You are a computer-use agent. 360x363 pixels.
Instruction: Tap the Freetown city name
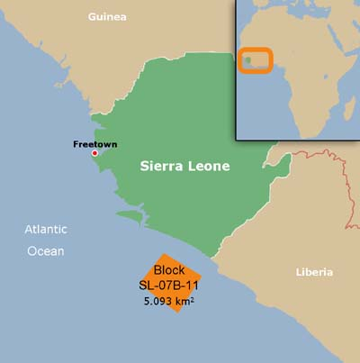point(94,144)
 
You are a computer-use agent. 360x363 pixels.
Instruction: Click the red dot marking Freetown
point(94,153)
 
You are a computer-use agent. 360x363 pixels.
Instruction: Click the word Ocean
point(45,250)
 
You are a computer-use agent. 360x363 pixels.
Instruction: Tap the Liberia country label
point(314,272)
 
